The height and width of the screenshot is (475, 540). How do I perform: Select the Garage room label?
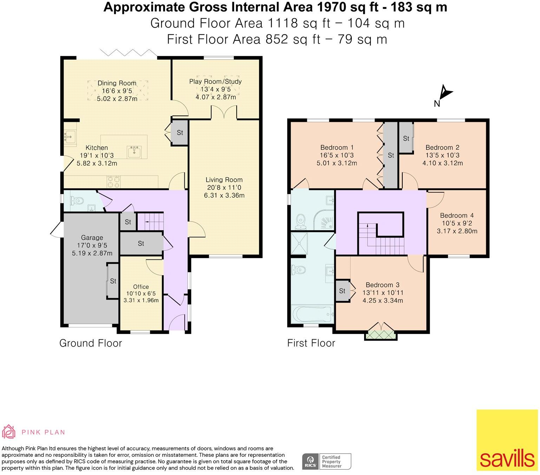pyautogui.click(x=92, y=238)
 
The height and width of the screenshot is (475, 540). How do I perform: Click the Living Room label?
pyautogui.click(x=224, y=180)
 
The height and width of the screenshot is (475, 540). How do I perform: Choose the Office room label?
pyautogui.click(x=141, y=287)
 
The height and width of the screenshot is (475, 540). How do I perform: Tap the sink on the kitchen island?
pyautogui.click(x=134, y=152)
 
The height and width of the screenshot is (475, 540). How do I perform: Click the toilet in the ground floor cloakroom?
pyautogui.click(x=77, y=200)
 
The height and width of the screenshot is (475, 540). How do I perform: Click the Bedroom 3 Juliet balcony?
pyautogui.click(x=381, y=335)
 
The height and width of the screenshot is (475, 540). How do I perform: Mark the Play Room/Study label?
pyautogui.click(x=215, y=81)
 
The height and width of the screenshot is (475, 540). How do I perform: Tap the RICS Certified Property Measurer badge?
pyautogui.click(x=327, y=461)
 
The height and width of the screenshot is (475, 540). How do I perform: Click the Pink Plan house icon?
pyautogui.click(x=9, y=432)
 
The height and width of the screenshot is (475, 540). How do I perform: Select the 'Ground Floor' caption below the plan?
pyautogui.click(x=91, y=343)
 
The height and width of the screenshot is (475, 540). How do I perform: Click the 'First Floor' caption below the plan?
pyautogui.click(x=311, y=343)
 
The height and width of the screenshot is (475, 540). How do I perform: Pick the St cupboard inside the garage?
pyautogui.click(x=113, y=281)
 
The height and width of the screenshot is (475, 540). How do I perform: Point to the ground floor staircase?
pyautogui.click(x=150, y=222)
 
